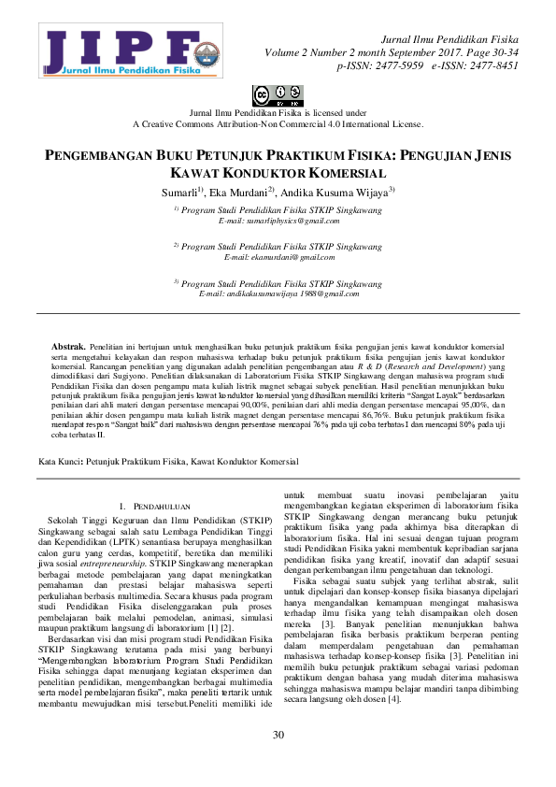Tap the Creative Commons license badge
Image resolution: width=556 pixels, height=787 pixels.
[x=278, y=95]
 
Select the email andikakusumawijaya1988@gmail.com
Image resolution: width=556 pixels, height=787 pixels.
[x=278, y=293]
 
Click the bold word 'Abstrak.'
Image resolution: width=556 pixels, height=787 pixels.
[x=68, y=346]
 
